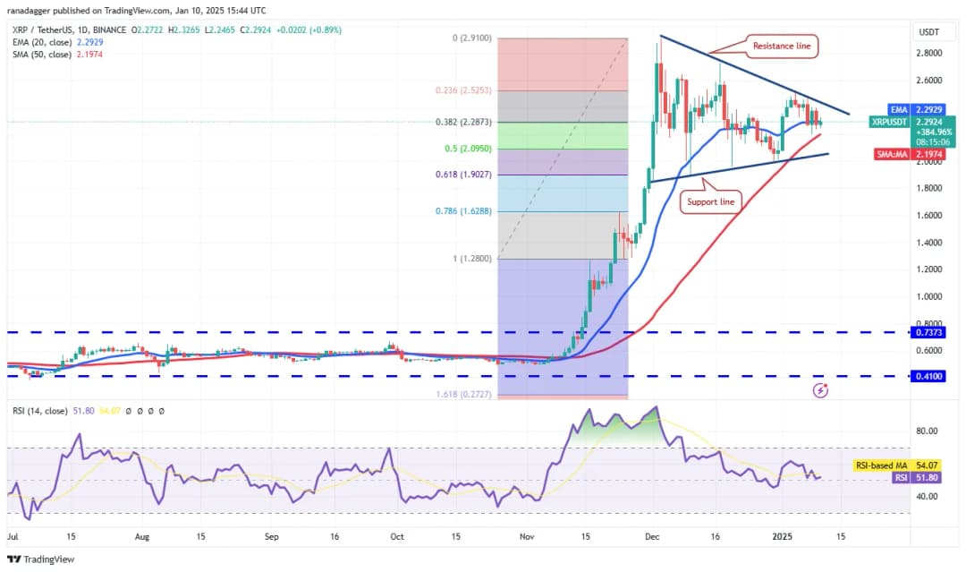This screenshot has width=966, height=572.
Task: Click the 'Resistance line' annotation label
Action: pyautogui.click(x=782, y=46)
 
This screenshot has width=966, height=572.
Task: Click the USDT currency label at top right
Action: pyautogui.click(x=929, y=32)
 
